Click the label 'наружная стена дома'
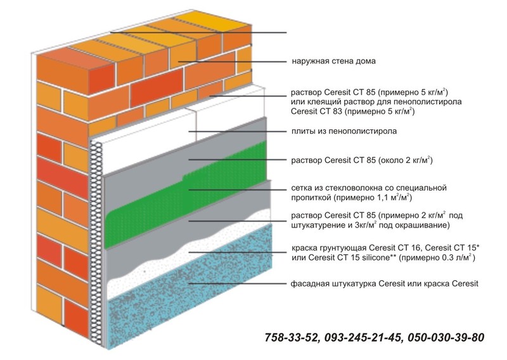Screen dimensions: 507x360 pyautogui.click(x=334, y=61)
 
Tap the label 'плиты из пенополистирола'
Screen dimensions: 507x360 pyautogui.click(x=344, y=131)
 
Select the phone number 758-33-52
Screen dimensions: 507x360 pyautogui.click(x=291, y=337)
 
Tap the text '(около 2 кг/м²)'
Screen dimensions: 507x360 pyautogui.click(x=406, y=160)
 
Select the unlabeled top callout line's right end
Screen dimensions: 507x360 pyautogui.click(x=286, y=33)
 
